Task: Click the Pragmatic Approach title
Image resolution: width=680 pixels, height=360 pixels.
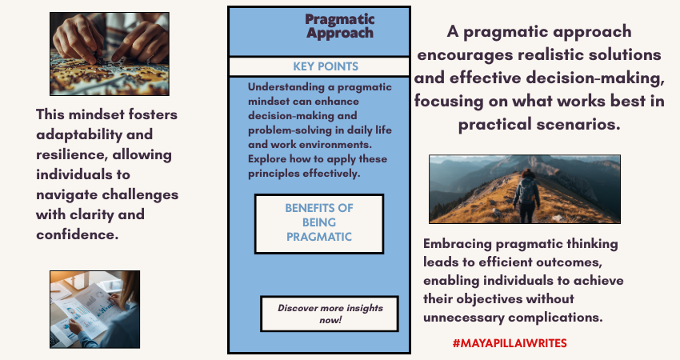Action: point(339,26)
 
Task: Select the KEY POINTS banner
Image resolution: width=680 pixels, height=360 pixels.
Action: point(319,66)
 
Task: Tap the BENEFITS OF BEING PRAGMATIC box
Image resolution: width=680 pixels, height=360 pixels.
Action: point(319,222)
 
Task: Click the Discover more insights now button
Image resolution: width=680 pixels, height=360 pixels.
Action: point(330,314)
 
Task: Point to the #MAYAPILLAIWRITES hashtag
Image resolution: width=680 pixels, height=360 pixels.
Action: point(509,342)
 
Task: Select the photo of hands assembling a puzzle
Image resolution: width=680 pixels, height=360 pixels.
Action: point(110,54)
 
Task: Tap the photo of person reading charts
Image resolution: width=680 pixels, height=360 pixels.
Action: point(94,309)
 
